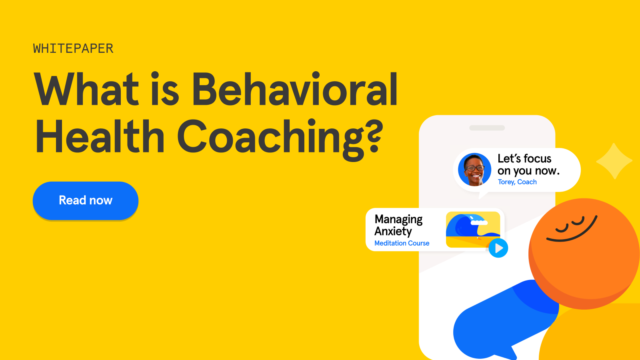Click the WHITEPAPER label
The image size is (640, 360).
73,49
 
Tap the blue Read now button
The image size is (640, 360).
86,200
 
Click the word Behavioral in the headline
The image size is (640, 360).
295,90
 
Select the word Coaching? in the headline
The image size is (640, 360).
280,138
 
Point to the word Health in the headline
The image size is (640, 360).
100,137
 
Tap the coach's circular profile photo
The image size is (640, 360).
474,170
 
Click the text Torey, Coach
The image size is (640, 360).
517,182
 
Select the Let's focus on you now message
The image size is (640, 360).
528,164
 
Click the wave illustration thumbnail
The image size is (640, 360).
473,229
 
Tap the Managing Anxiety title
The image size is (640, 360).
398,225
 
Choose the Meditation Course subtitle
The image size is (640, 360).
402,243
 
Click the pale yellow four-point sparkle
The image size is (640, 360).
614,161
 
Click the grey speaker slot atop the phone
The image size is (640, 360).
487,128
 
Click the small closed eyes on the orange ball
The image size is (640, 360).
570,224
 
